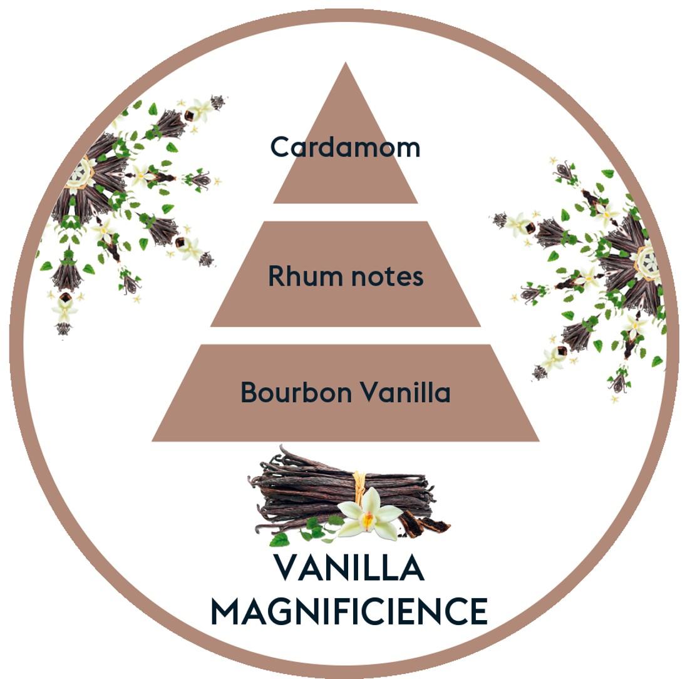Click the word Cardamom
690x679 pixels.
click(345, 147)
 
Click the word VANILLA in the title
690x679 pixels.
click(349, 568)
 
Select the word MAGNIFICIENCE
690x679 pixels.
click(349, 611)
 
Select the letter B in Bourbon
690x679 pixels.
click(249, 393)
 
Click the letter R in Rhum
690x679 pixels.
click(276, 276)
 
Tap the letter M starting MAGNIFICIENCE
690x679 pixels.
click(226, 611)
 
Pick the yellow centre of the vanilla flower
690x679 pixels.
click(369, 519)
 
